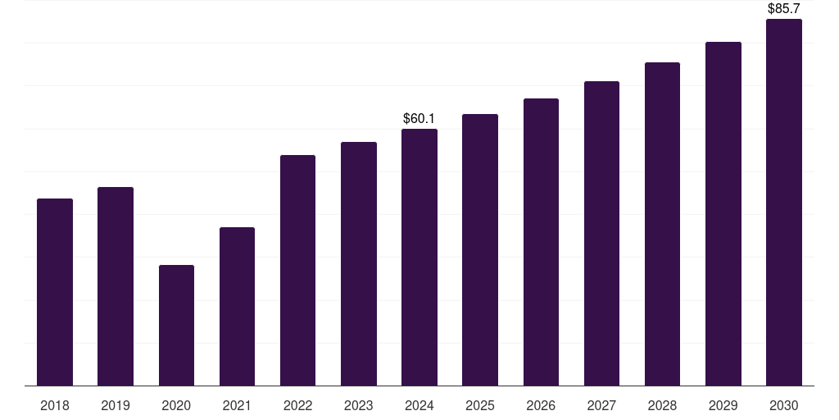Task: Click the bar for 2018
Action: point(55,292)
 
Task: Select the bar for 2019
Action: point(116,286)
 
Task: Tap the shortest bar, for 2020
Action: point(177,325)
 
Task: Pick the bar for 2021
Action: point(237,307)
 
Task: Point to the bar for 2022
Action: point(297,271)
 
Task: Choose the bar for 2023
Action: point(359,263)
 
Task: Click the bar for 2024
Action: point(419,257)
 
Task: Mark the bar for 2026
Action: point(541,242)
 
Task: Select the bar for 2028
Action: point(662,224)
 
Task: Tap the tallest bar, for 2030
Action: point(784,203)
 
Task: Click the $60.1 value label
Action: point(419,118)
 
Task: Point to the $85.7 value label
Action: point(784,8)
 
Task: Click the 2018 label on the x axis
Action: point(55,406)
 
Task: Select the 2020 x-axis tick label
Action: point(177,406)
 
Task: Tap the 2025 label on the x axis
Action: point(480,406)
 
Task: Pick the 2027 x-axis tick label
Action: point(601,406)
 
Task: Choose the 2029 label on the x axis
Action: point(723,406)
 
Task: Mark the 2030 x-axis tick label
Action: point(784,406)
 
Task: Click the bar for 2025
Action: point(480,249)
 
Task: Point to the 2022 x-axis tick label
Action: point(297,406)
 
